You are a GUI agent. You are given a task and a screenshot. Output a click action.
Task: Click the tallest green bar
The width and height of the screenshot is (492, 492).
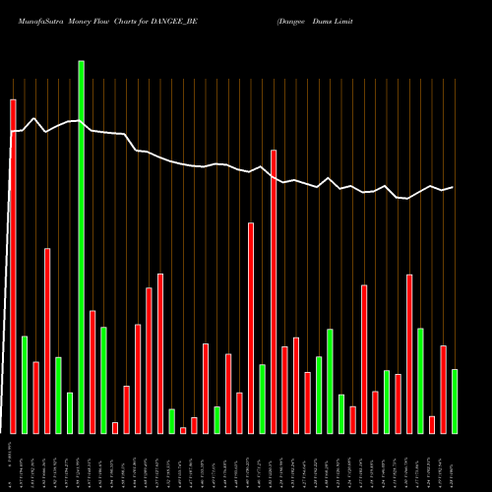pos(81,246)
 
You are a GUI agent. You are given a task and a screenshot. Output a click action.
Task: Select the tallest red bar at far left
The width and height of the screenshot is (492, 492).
pos(13,266)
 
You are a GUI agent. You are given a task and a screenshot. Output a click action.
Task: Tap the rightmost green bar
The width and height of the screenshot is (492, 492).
pos(455,400)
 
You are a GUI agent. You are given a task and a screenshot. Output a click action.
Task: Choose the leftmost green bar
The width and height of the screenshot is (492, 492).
pos(25,384)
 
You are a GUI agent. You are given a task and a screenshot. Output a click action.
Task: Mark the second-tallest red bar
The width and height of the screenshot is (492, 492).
pos(274,291)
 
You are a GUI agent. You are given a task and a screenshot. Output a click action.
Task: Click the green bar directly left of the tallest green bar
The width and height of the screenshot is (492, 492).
pos(70,412)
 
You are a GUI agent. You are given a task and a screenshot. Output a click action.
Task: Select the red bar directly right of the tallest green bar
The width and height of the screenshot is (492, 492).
pos(92,371)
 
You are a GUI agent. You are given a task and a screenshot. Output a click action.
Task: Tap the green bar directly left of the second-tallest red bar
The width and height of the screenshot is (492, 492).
pos(263,399)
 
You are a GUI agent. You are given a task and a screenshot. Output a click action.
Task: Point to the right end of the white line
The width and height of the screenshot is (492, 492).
pos(453,187)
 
